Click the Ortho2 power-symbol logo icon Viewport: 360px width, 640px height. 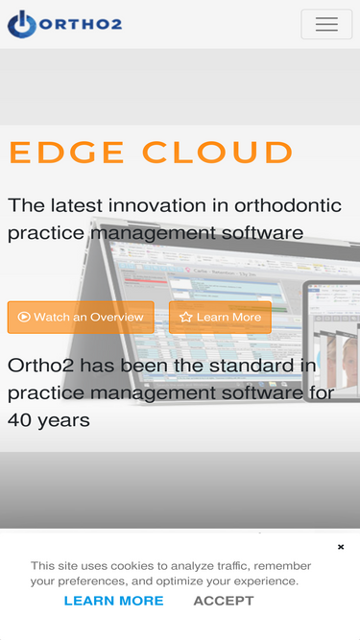tap(21, 24)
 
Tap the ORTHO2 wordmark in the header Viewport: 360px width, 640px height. tap(81, 24)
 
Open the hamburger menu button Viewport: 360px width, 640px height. tap(326, 24)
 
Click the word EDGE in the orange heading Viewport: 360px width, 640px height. tap(67, 153)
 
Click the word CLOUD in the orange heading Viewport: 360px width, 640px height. tap(218, 153)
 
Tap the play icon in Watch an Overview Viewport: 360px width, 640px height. tap(23, 318)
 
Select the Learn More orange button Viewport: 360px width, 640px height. tap(220, 318)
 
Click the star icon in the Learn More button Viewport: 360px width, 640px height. tap(186, 318)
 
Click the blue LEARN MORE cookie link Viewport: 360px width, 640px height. tap(113, 601)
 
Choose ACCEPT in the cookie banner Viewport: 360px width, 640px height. tap(224, 601)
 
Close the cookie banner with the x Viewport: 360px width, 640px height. tap(341, 547)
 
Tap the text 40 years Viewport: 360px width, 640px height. tap(49, 419)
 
